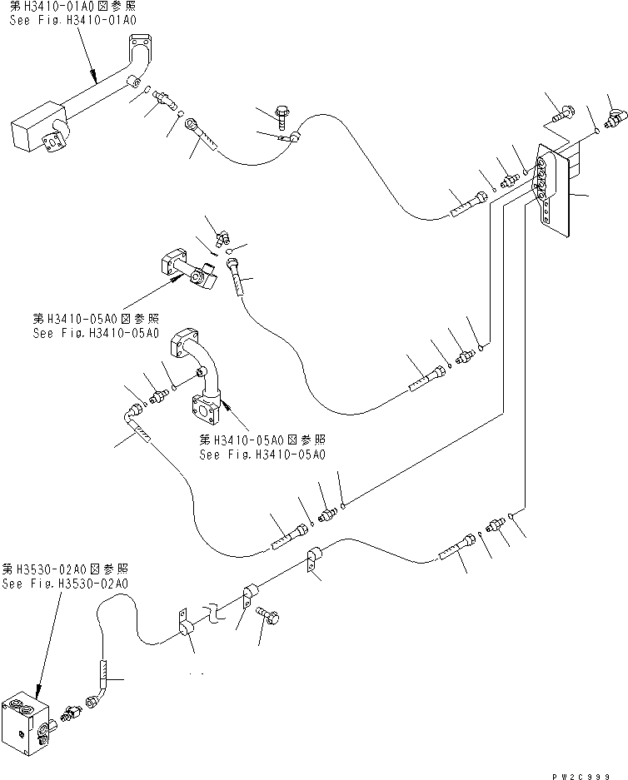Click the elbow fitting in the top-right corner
coord(617,122)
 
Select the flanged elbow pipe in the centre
coord(205,375)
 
